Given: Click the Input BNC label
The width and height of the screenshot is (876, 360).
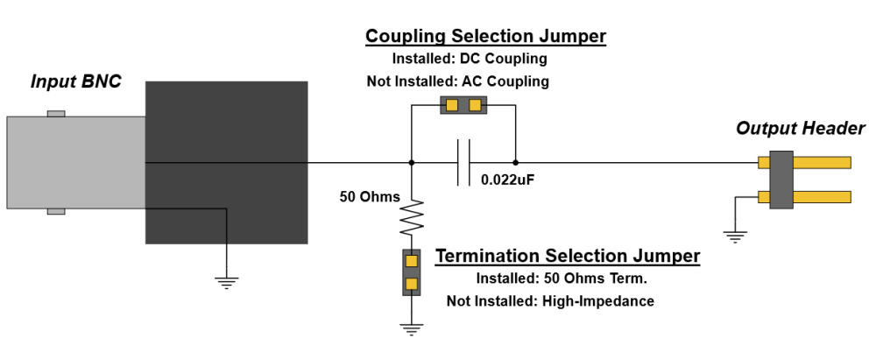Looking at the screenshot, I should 75,81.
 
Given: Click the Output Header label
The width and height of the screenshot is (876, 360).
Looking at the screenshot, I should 800,129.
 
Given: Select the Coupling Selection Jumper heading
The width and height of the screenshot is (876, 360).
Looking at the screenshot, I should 485,36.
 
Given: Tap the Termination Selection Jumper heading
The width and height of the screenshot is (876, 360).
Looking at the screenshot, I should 568,256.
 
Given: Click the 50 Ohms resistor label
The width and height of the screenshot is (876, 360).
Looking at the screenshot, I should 370,195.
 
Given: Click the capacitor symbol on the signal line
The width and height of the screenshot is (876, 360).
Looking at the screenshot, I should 463,162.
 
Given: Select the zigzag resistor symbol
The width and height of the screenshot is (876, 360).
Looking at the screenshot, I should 412,218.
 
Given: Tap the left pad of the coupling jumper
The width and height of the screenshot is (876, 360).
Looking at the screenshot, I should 451,106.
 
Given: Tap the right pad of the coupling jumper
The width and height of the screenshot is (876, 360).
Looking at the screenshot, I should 475,106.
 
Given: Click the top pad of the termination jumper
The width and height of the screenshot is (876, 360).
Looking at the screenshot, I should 412,260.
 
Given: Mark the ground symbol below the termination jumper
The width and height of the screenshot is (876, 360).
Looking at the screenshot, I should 412,329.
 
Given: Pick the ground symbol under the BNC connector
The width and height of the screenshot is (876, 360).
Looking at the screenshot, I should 226,282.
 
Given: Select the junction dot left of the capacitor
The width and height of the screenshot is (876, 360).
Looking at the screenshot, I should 412,162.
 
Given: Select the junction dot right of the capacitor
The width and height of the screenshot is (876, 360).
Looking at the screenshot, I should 515,162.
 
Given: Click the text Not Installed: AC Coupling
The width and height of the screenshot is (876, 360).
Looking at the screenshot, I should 457,81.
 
